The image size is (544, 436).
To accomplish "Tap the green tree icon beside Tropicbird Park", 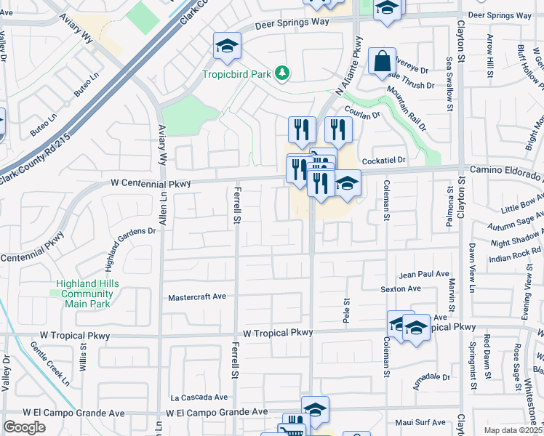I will tap(284, 73).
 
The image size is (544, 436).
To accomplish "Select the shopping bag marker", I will tap(382, 62).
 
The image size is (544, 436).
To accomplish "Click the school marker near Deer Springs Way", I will tap(227, 47).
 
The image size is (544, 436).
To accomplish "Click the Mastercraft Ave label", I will tap(197, 297).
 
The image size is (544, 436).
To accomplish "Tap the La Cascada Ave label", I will tap(199, 397).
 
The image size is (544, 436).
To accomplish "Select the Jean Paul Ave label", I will tap(424, 275).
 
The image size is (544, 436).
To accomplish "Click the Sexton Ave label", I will tap(401, 288).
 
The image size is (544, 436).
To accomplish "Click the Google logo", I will tap(24, 427).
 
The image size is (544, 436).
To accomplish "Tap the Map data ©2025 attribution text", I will tap(513, 430).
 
